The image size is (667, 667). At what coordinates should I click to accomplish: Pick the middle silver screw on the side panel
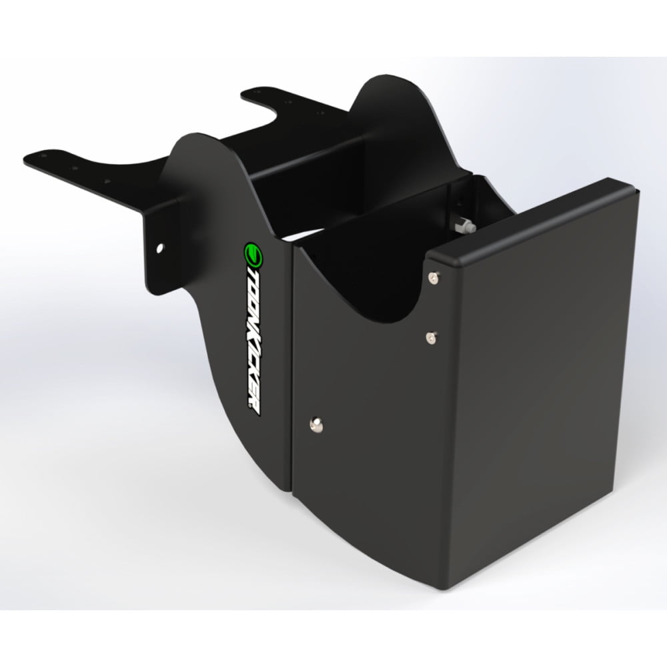tap(431, 337)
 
